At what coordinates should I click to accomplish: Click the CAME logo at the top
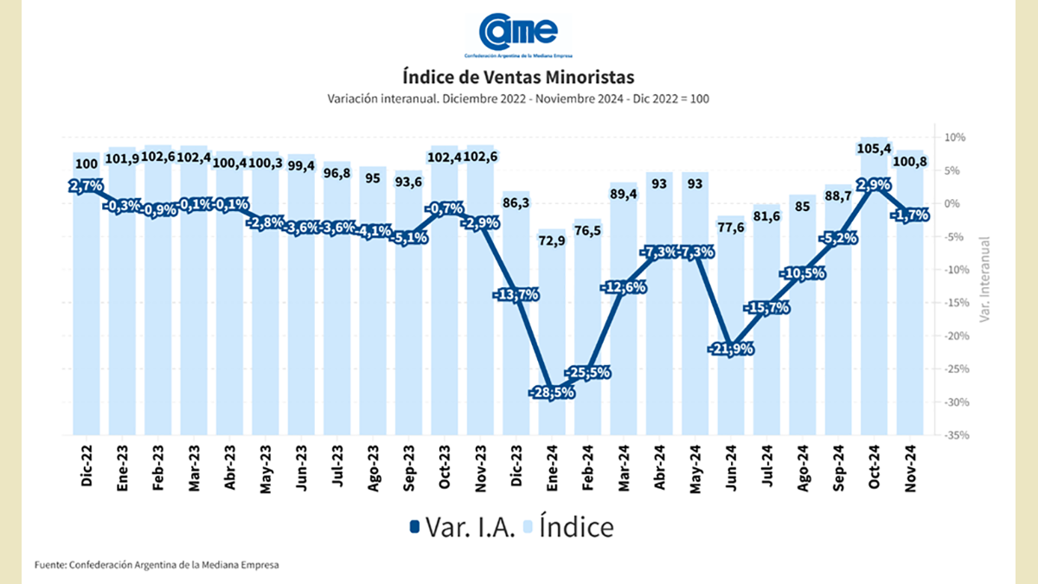tap(518, 35)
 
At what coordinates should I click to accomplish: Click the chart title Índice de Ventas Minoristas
tap(518, 75)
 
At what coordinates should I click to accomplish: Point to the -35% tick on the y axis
tap(955, 435)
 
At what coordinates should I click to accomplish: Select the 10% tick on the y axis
tap(955, 138)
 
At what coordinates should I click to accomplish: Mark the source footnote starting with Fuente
tap(157, 565)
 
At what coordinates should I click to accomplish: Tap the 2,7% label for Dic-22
tap(86, 185)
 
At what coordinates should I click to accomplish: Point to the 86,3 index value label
tap(516, 202)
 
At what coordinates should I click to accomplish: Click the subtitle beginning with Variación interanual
tap(518, 99)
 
